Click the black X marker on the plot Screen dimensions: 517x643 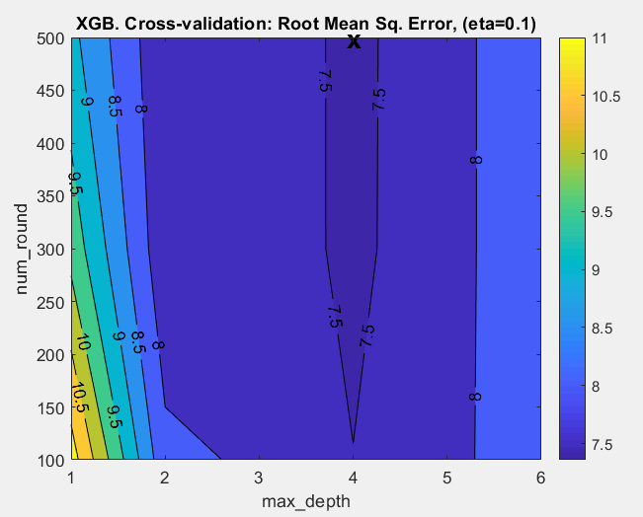point(354,41)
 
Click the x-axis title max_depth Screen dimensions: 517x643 point(306,501)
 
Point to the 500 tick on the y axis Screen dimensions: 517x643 point(52,38)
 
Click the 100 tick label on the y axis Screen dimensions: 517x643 point(52,459)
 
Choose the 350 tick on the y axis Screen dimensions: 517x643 point(52,196)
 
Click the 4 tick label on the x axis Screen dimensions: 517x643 point(354,478)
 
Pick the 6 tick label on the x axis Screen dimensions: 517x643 point(540,478)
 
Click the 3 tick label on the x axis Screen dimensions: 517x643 point(260,478)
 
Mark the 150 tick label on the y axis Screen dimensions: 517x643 point(52,406)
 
